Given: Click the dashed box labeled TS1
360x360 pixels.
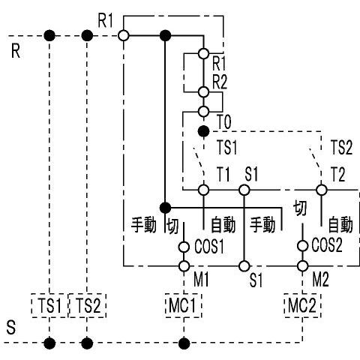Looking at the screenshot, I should pyautogui.click(x=49, y=305).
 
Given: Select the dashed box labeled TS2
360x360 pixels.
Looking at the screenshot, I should pyautogui.click(x=87, y=305).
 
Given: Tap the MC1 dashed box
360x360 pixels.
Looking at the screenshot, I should pyautogui.click(x=183, y=305).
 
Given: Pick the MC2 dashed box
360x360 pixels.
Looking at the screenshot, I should pyautogui.click(x=303, y=305).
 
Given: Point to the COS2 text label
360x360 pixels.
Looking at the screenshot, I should pyautogui.click(x=327, y=246).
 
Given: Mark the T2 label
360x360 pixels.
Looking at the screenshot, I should pyautogui.click(x=337, y=175).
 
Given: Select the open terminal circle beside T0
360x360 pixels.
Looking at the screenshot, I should pyautogui.click(x=202, y=112).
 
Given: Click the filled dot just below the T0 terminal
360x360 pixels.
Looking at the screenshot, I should pyautogui.click(x=202, y=130).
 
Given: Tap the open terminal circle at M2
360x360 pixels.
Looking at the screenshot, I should pyautogui.click(x=303, y=265).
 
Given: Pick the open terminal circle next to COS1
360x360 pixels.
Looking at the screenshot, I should pyautogui.click(x=183, y=245).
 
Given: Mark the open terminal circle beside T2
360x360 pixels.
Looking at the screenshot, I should pyautogui.click(x=321, y=190).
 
